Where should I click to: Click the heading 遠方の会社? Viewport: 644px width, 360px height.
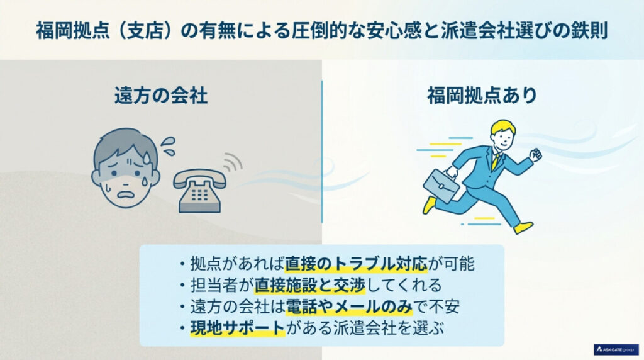coord(160,96)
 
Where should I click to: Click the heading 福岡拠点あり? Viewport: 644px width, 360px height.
coord(482,96)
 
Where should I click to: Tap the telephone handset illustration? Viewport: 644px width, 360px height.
coord(199,187)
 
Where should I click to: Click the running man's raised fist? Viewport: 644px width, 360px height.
coord(535,155)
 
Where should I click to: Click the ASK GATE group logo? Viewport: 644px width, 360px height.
coord(616,349)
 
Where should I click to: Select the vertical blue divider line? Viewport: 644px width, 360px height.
coord(322,151)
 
